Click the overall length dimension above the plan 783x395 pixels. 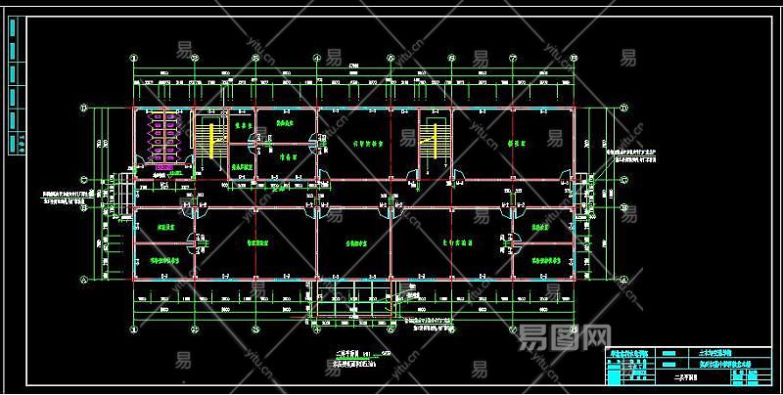[x=353, y=66]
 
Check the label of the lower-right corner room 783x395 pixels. [x=544, y=261]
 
